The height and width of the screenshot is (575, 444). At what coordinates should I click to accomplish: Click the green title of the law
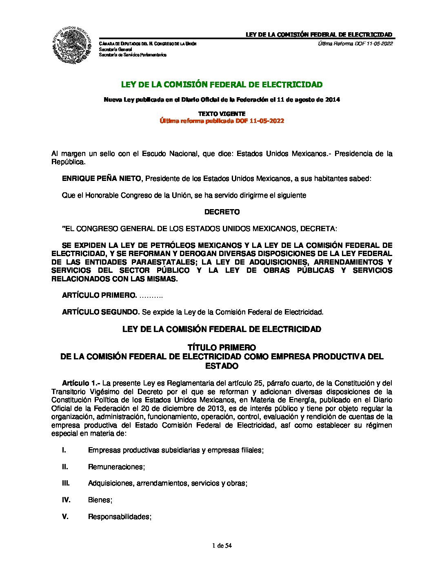(222, 85)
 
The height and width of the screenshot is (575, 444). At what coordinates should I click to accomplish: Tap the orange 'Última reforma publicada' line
(222, 121)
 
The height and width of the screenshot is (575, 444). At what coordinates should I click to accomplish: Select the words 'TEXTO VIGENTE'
(222, 114)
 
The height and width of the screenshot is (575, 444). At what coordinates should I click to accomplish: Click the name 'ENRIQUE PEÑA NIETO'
(102, 178)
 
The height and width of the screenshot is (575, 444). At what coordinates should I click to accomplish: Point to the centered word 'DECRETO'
(222, 212)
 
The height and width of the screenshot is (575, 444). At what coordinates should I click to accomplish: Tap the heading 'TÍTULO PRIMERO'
(222, 348)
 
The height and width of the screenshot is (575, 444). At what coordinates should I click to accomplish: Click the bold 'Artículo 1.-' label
(81, 383)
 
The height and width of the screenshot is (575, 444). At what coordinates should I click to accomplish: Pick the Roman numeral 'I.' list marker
(64, 450)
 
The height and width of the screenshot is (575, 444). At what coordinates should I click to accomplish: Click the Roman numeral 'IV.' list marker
(66, 500)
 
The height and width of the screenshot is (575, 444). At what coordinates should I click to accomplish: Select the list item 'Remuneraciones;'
(117, 467)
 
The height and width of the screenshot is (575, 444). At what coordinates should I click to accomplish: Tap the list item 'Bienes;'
(100, 500)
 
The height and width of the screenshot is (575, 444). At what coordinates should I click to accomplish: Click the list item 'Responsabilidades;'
(120, 517)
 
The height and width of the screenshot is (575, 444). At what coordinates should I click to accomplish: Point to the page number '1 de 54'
(222, 546)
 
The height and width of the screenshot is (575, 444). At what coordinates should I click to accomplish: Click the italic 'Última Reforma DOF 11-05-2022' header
(355, 44)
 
